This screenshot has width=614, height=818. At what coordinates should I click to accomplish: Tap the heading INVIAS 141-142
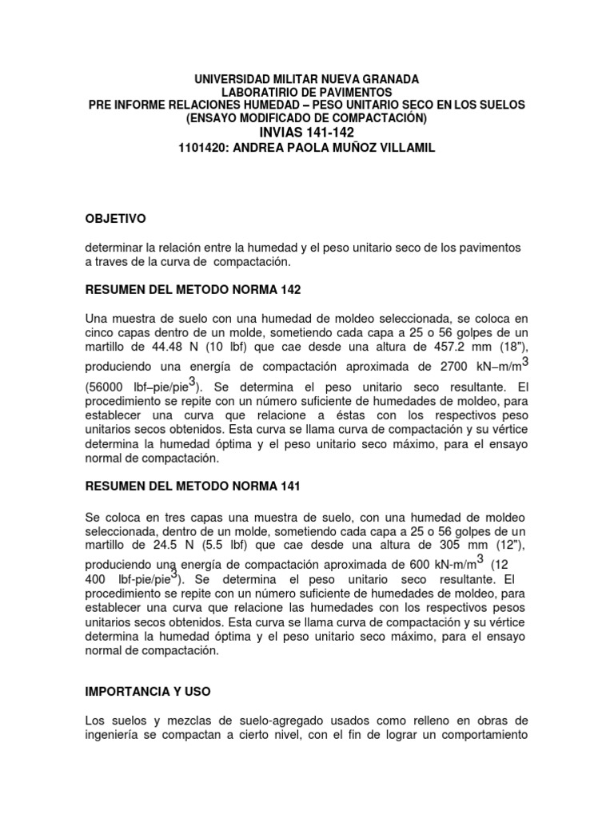[x=307, y=133]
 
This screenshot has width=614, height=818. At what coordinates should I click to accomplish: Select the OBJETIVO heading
[x=116, y=218]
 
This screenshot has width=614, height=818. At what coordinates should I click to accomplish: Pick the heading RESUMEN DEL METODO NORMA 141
[x=196, y=486]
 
